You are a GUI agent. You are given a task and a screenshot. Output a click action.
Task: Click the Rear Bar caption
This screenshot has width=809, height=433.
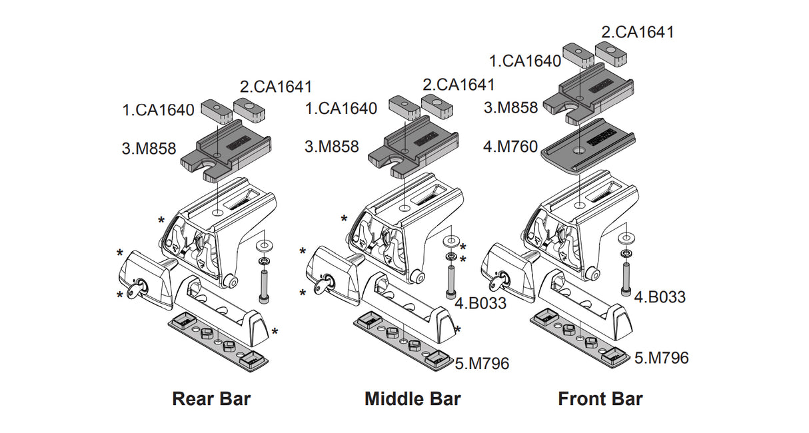pos(211,399)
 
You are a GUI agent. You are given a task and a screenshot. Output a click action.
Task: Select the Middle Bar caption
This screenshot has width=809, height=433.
pos(412,399)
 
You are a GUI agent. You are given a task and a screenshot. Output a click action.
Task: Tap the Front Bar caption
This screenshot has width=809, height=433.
pos(600,399)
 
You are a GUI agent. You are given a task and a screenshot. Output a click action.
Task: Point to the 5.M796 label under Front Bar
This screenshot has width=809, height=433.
pos(661,358)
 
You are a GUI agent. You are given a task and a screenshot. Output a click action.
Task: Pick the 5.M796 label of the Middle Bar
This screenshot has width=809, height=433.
pos(482,363)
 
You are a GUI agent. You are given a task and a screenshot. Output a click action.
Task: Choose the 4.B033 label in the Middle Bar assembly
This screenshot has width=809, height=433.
pos(480,303)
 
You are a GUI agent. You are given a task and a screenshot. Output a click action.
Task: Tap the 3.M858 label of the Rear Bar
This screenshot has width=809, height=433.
pos(149,149)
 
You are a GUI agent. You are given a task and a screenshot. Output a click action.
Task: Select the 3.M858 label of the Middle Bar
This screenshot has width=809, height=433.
pos(331,147)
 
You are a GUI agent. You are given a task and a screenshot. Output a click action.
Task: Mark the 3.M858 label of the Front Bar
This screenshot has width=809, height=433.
pos(511,107)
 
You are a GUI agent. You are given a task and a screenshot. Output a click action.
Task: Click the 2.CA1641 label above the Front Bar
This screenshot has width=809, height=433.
pos(638,31)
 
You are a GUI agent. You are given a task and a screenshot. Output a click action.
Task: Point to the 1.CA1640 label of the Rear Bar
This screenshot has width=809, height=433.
pos(158,109)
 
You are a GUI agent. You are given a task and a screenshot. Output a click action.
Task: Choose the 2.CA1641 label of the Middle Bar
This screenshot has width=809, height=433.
pos(458,85)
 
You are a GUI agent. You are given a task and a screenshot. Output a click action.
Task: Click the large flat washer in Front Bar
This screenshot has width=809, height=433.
pos(626,238)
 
